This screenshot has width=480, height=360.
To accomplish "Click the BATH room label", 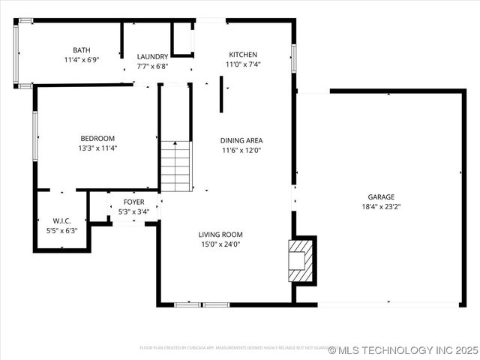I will tap(81, 49).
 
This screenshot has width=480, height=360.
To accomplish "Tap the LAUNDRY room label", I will tap(152, 56).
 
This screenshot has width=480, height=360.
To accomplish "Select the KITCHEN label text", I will tap(243, 55).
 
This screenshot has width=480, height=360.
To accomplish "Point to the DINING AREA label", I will tap(241, 140).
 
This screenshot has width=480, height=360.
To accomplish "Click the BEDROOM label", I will tap(97, 138).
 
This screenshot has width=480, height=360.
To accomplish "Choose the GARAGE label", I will tap(381, 197).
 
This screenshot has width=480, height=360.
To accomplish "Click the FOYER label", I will tap(134, 202).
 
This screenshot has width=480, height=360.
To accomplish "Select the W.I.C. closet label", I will tap(61, 220).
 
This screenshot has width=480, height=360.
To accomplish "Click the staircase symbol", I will tap(175, 166).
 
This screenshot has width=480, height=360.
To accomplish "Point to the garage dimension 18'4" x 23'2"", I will tap(381, 207).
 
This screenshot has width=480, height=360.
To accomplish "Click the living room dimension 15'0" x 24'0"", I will tap(220, 244).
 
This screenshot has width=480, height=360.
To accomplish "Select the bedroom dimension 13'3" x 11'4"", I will tap(97, 148).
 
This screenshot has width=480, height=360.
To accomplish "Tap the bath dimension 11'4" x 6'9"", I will tap(81, 59).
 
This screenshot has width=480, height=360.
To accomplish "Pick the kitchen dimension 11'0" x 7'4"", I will tap(243, 64).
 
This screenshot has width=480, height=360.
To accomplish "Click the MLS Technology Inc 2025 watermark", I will tap(403, 350).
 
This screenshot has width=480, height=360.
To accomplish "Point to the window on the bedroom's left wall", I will tap(35, 136).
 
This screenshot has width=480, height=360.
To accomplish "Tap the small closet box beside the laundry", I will tap(182, 39).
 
